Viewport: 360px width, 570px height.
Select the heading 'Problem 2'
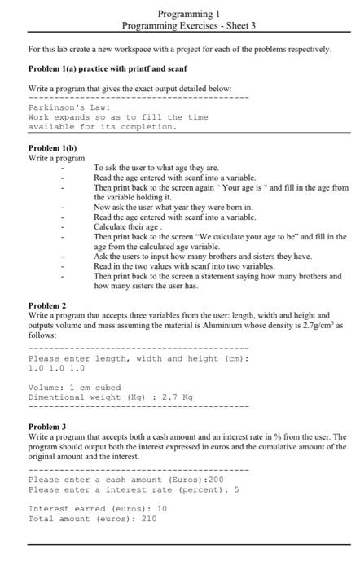47,305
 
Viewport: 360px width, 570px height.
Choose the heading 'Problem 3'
47,427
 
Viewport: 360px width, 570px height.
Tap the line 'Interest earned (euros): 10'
98,508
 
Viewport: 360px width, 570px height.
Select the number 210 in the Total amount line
148,518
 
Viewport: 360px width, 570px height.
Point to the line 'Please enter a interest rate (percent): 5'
133,489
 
